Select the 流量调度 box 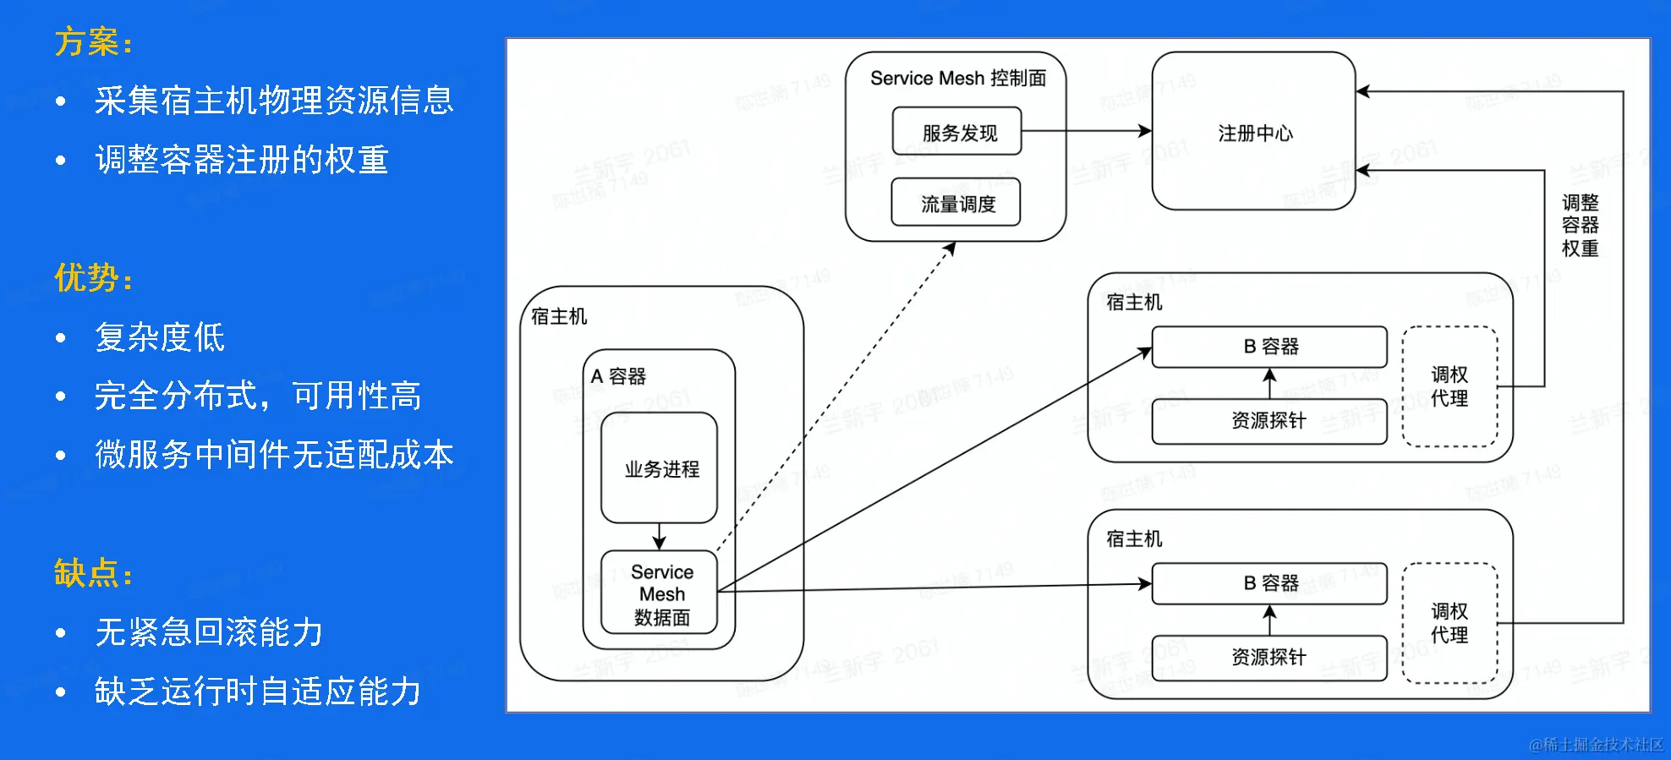[956, 203]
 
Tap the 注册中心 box [1253, 132]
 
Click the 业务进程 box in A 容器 [660, 468]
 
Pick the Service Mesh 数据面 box [660, 593]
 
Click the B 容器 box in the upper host [1269, 347]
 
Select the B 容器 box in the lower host [1269, 583]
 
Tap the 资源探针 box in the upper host [1268, 421]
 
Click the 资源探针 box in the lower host [1268, 658]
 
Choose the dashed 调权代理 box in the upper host [1449, 386]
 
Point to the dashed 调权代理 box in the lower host [1449, 623]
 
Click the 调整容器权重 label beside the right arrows [1580, 225]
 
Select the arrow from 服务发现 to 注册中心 [1087, 131]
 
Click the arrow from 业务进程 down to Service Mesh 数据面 [660, 537]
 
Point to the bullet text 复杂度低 [160, 337]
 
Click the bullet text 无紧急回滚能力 [209, 632]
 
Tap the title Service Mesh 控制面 [957, 79]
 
